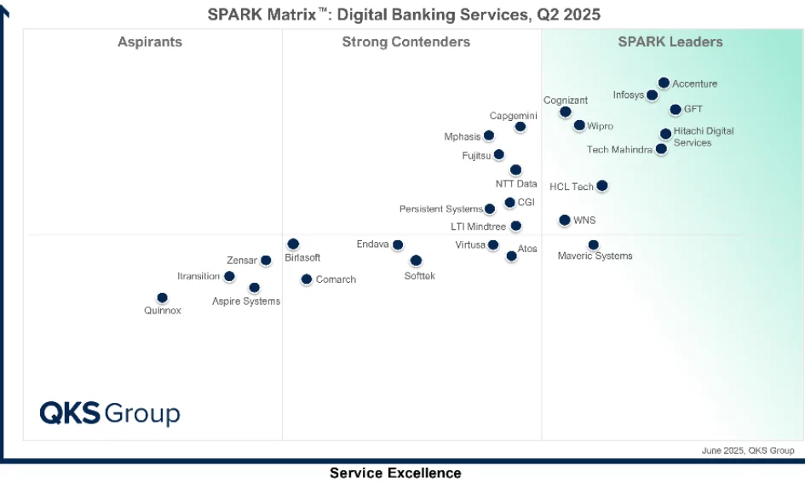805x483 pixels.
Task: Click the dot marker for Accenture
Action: [664, 83]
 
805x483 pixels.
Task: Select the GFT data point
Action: [676, 109]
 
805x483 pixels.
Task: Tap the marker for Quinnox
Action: [162, 298]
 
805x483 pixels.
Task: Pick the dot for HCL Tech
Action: [602, 186]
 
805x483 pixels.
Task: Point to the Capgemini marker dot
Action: [520, 127]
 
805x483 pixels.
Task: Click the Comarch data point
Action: [307, 279]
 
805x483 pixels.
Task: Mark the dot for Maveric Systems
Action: [594, 245]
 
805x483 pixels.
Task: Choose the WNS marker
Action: [565, 220]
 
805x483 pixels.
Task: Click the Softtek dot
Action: [416, 261]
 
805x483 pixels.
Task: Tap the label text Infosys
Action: [629, 95]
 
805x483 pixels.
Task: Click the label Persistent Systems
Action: [441, 210]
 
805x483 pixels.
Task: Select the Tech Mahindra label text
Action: [620, 150]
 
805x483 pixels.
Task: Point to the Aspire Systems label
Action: [246, 302]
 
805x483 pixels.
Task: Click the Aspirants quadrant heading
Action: [150, 42]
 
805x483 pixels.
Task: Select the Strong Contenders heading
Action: [406, 42]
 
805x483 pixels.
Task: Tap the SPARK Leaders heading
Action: [670, 42]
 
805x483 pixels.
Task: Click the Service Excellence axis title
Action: [395, 473]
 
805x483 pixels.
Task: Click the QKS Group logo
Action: [110, 414]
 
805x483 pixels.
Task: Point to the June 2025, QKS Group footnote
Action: [748, 451]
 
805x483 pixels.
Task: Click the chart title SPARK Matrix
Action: [405, 14]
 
